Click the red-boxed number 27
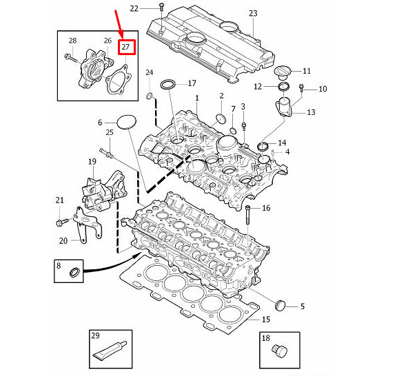[126, 47]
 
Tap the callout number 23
[253, 14]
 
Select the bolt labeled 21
[60, 222]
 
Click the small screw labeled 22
[160, 10]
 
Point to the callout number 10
[323, 90]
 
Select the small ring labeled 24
[150, 94]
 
